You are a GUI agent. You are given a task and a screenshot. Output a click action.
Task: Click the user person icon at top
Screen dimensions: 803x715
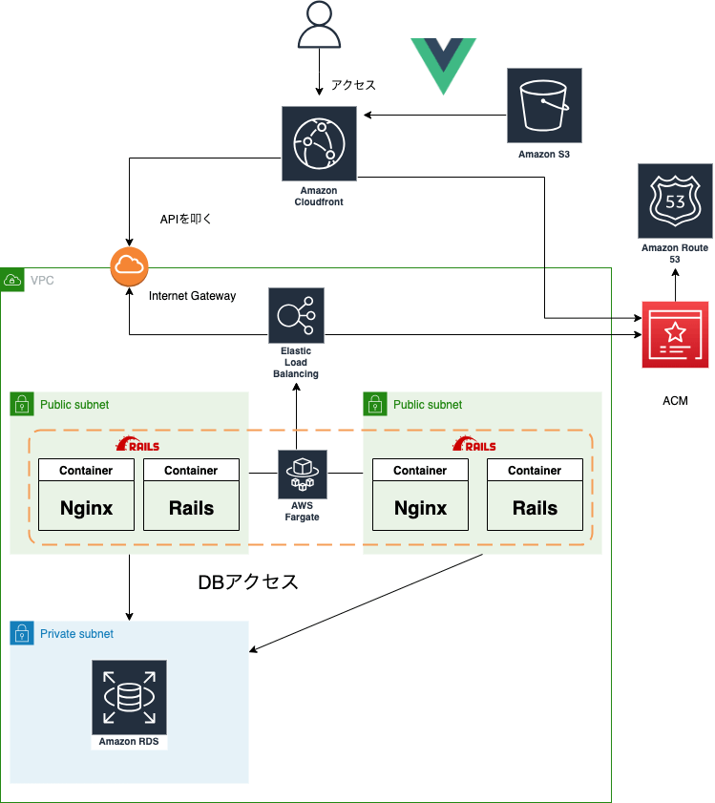(320, 25)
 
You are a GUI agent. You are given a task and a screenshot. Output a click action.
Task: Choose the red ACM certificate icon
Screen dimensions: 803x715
(675, 335)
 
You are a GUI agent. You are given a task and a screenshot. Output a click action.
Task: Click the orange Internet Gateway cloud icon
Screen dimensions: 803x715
(128, 265)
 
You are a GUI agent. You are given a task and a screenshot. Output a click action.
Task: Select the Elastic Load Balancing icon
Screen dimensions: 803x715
(296, 315)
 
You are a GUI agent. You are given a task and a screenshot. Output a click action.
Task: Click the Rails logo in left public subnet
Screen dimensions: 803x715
(137, 445)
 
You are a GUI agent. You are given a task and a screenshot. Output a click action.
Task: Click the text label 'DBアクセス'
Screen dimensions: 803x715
(248, 582)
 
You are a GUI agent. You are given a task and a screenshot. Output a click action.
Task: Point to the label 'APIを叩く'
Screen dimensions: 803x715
(185, 219)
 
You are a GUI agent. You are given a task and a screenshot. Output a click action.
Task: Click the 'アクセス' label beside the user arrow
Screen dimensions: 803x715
(353, 85)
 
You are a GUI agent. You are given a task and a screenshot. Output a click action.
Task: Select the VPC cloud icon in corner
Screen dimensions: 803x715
(13, 280)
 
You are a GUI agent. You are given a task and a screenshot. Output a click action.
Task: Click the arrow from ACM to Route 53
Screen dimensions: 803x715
(675, 284)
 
